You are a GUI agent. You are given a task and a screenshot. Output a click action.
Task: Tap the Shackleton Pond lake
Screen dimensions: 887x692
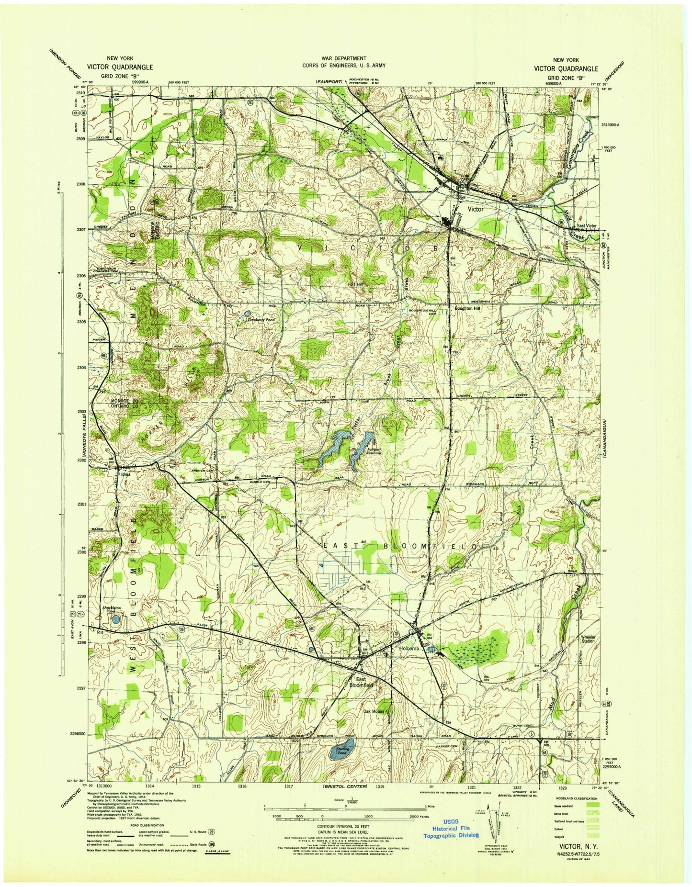tap(115, 619)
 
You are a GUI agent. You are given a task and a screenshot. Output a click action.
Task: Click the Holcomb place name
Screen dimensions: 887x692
tap(409, 648)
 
